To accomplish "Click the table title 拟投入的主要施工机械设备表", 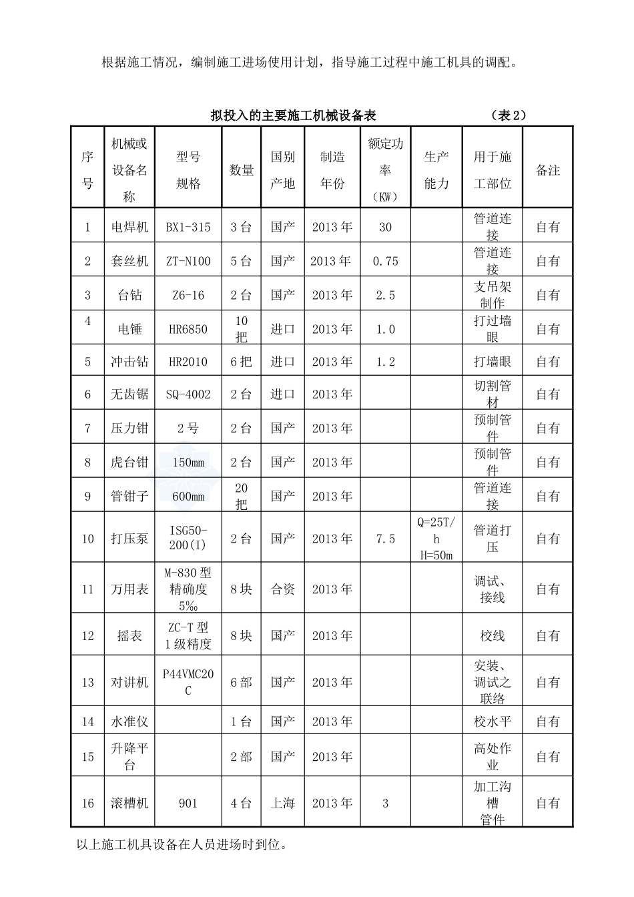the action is (x=294, y=115).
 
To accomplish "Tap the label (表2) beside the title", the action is (x=508, y=115).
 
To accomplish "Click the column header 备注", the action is (x=548, y=170).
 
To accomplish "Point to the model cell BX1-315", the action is (x=188, y=228).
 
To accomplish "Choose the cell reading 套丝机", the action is (x=129, y=261).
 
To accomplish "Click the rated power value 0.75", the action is (x=385, y=261).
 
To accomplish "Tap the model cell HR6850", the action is (x=188, y=329).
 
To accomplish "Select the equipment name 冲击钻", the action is (x=129, y=362).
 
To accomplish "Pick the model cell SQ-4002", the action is (x=188, y=394).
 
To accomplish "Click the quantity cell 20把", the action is (x=241, y=497).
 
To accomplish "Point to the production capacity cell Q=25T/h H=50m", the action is (x=436, y=538).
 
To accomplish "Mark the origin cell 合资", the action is (x=282, y=589).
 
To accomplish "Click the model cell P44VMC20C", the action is (x=188, y=682).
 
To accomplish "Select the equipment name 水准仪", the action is (x=129, y=721).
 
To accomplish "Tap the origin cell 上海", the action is (x=282, y=803).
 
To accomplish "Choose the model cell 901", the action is (x=188, y=803).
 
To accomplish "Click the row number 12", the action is (x=88, y=635).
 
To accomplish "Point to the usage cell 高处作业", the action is (x=492, y=757).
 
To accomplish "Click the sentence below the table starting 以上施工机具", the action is (x=182, y=845).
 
